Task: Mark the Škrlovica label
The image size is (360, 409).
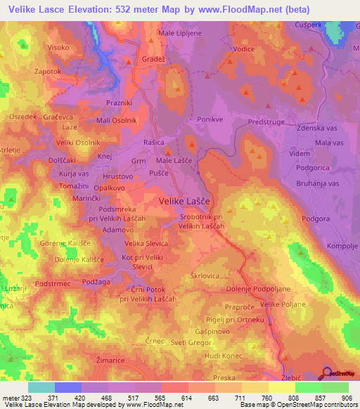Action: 206,276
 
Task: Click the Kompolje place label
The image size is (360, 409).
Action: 343,246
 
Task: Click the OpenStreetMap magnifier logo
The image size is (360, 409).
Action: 327,374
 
